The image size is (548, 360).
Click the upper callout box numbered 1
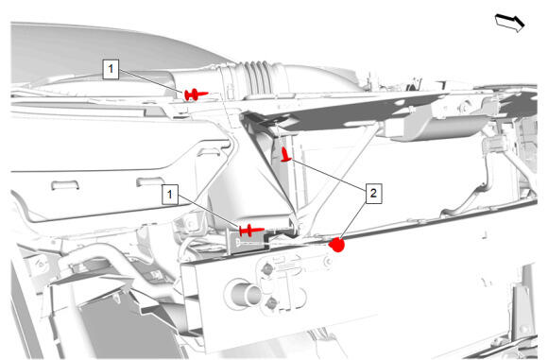[x=111, y=69]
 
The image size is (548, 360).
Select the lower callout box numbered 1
[x=170, y=194]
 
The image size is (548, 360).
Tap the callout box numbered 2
[x=373, y=193]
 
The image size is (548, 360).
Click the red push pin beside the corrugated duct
[x=196, y=94]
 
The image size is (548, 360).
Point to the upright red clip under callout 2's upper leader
[x=286, y=155]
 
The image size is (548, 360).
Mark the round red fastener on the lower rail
[x=337, y=245]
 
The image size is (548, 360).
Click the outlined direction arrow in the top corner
[x=510, y=23]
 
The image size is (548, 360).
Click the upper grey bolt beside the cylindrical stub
[x=267, y=268]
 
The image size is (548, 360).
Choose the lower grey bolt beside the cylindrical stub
[x=271, y=302]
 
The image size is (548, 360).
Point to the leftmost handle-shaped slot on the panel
[x=65, y=184]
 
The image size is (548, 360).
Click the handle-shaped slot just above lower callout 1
[x=150, y=181]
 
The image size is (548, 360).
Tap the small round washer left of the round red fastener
[x=327, y=261]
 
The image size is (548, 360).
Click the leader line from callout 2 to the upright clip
[x=329, y=174]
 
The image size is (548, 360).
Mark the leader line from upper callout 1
[x=152, y=81]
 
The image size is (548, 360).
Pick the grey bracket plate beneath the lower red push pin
[x=248, y=242]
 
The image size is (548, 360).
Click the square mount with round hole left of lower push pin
[x=189, y=224]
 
